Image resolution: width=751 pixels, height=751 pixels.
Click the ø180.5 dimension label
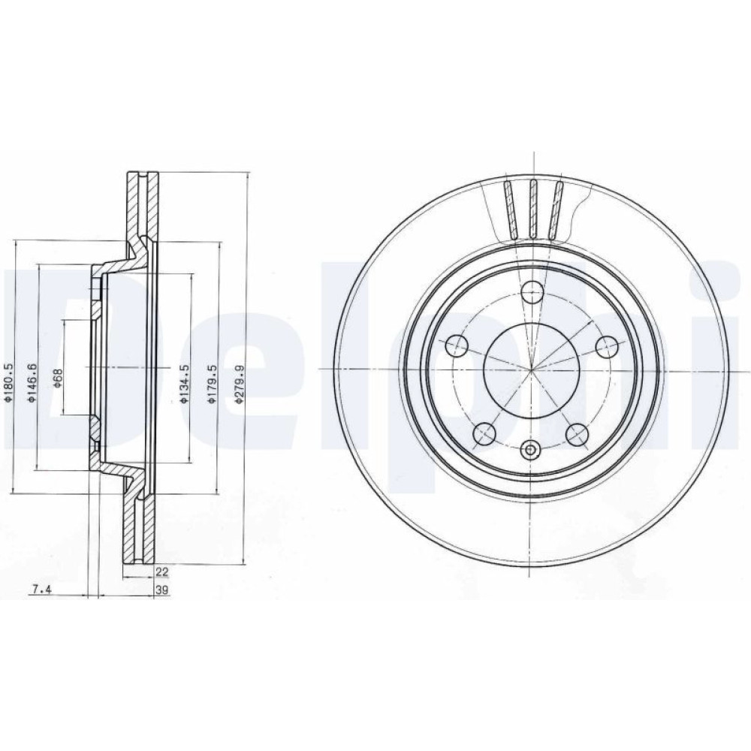tap(8, 382)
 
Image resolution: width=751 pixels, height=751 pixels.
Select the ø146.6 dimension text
tap(32, 382)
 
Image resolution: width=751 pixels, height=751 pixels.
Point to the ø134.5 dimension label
tap(185, 383)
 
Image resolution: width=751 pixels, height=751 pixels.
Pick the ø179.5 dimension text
tap(213, 383)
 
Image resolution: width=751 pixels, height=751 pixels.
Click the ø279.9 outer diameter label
tap(240, 384)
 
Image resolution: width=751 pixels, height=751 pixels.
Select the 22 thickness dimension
tap(162, 571)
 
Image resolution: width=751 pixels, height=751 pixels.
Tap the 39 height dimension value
tap(162, 590)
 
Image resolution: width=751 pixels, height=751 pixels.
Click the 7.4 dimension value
tap(41, 590)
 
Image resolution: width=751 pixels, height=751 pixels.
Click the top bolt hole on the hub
tap(532, 292)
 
